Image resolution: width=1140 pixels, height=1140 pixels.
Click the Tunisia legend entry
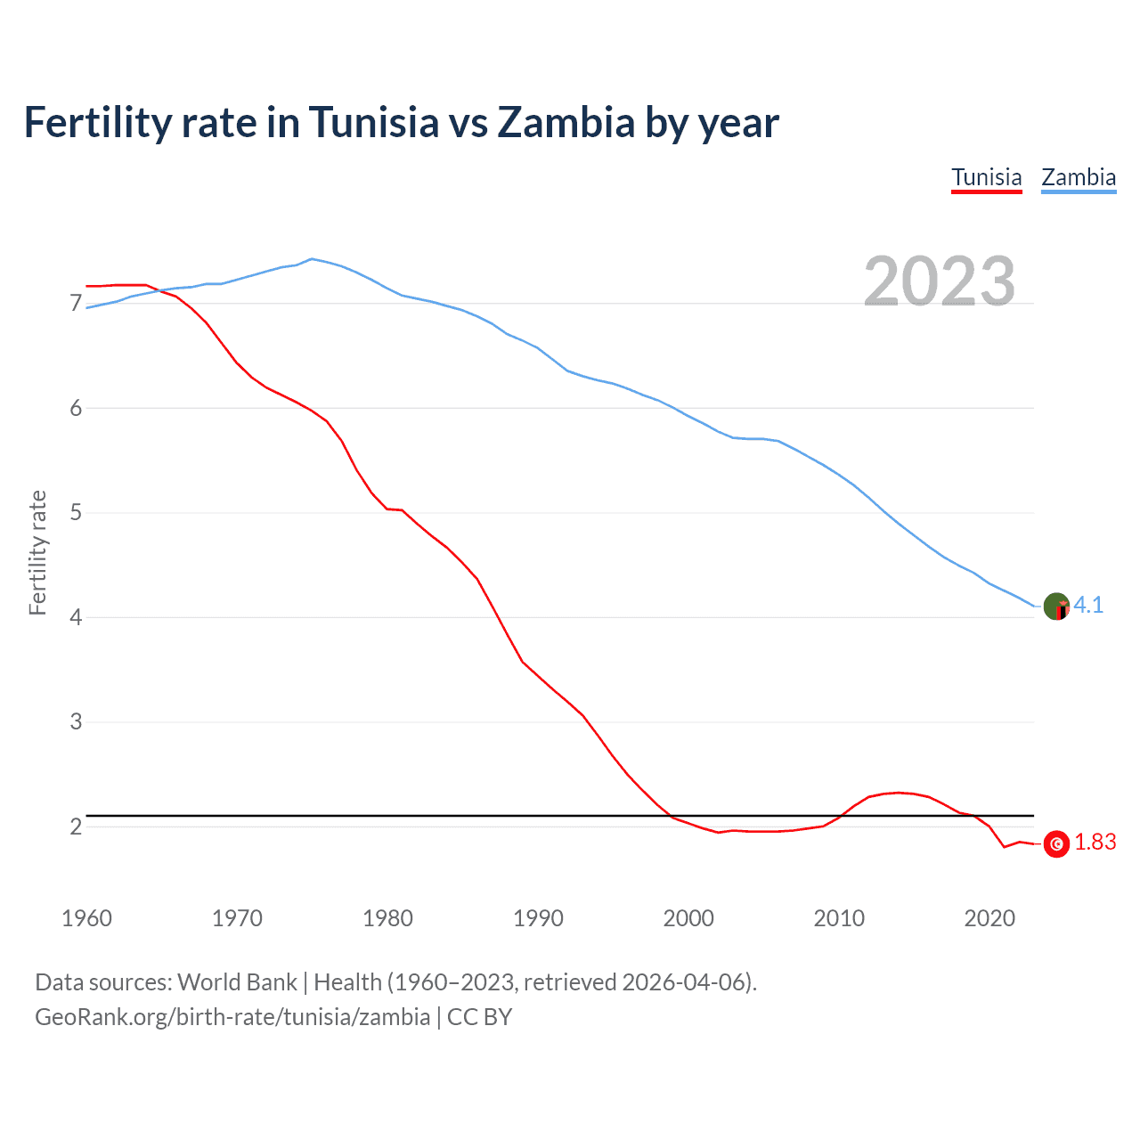(986, 177)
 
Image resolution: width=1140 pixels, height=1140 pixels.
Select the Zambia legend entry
(1079, 177)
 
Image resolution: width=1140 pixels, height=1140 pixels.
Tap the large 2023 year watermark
(940, 281)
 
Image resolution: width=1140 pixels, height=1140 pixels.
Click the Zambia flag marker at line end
(1056, 607)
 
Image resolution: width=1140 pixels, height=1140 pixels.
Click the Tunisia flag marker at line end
(1056, 843)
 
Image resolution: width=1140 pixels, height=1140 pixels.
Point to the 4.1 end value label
(1088, 605)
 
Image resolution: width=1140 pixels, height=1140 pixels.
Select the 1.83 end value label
(1095, 843)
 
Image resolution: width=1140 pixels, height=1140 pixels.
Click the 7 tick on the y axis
(76, 304)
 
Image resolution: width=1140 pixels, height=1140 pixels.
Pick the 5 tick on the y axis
(76, 513)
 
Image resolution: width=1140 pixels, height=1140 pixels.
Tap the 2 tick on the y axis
(76, 826)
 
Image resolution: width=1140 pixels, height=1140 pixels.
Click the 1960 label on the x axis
(86, 918)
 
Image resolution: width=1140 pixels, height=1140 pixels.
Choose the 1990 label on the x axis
(538, 918)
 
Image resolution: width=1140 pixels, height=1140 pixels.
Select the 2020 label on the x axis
(989, 918)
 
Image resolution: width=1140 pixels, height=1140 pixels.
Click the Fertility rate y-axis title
(37, 552)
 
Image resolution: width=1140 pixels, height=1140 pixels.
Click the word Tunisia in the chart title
(374, 122)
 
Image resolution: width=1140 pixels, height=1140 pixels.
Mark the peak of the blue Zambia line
(311, 259)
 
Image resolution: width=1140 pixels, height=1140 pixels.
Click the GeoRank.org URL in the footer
(232, 1017)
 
